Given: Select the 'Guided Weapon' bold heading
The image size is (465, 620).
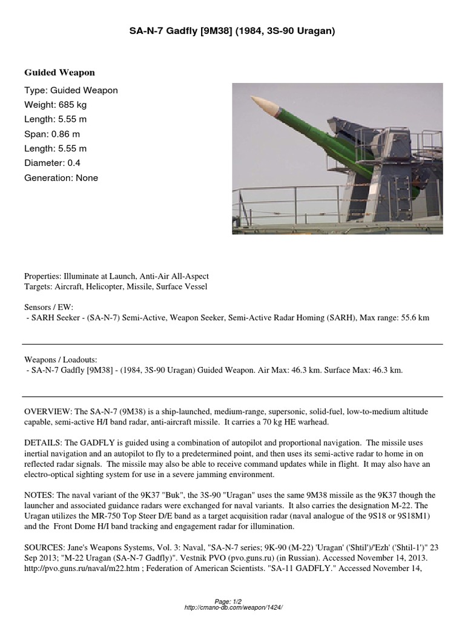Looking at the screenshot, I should click(x=59, y=73).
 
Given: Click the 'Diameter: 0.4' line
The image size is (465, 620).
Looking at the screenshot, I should click(x=52, y=163).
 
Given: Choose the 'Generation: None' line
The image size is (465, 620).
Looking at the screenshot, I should click(x=61, y=178).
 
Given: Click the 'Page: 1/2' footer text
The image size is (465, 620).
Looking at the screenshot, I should click(x=232, y=601).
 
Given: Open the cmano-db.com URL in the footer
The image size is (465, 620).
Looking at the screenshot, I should click(x=232, y=607).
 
